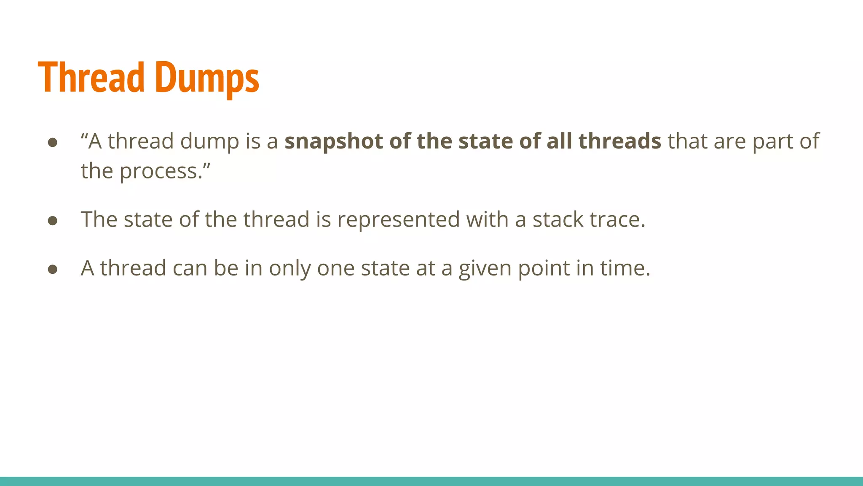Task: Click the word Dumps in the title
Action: point(207,78)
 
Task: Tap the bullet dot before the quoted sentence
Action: point(53,142)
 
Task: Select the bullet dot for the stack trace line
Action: point(53,221)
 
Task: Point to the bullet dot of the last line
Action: point(53,269)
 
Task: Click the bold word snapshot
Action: point(333,142)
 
